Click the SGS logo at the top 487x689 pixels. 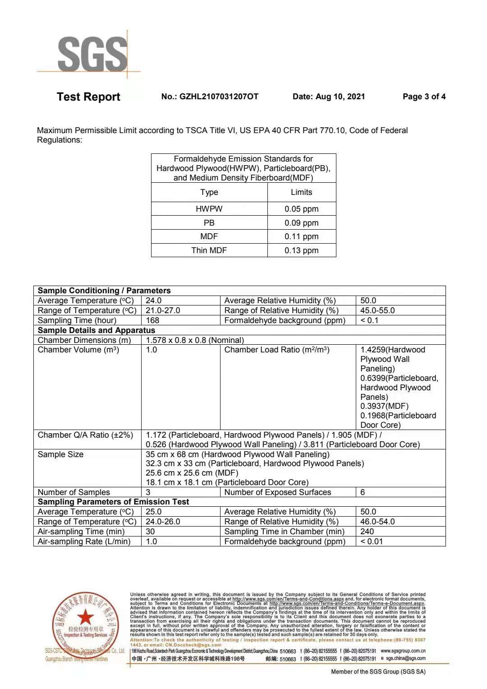(x=92, y=54)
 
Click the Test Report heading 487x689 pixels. (x=88, y=97)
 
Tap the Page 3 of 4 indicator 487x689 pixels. (x=424, y=97)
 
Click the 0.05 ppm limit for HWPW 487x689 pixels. (x=301, y=209)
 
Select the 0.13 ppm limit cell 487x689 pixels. (x=301, y=250)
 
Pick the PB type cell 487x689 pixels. (x=209, y=223)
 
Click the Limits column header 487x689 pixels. (x=301, y=192)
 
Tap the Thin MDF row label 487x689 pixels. (x=209, y=250)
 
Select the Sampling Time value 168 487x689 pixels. (x=152, y=320)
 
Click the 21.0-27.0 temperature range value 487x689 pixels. (x=163, y=310)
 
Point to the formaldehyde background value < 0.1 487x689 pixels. (x=369, y=320)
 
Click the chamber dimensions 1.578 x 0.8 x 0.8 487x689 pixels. (x=195, y=340)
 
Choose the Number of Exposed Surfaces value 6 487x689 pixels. (x=363, y=492)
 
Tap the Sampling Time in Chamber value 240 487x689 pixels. (x=367, y=532)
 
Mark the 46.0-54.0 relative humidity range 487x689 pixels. (x=377, y=522)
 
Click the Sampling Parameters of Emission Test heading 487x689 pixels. (x=113, y=502)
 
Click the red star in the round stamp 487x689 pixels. (x=85, y=618)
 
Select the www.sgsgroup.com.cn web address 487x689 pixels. (x=403, y=651)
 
